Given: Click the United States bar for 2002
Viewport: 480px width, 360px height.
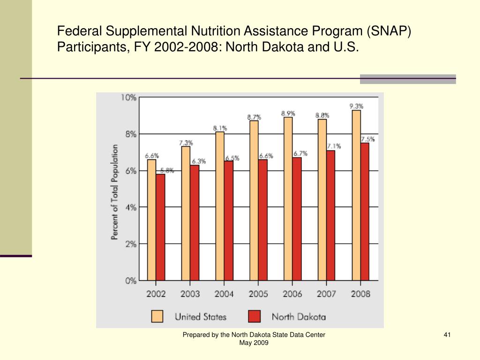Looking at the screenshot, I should click(x=151, y=220).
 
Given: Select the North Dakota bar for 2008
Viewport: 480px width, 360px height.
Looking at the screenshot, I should click(x=365, y=211).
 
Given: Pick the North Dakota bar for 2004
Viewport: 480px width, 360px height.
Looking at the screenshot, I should click(x=228, y=220).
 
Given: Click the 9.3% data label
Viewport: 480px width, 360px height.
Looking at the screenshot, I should click(x=356, y=106).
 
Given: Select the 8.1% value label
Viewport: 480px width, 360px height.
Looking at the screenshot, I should click(x=220, y=127).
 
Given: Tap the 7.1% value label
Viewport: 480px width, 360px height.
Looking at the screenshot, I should click(x=334, y=146).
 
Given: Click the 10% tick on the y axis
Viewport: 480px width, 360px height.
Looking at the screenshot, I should click(x=129, y=97).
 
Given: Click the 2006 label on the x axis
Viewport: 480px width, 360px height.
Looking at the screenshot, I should click(x=292, y=294).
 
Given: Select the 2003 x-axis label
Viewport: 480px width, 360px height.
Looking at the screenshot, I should click(x=190, y=294).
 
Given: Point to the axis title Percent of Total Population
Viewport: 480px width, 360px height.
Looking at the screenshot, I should click(x=114, y=192).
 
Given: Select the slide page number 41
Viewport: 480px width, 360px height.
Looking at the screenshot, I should click(x=447, y=334).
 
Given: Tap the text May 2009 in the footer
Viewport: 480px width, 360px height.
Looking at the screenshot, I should click(x=254, y=343).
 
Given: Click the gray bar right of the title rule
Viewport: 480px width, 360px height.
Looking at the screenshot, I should click(x=408, y=79).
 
